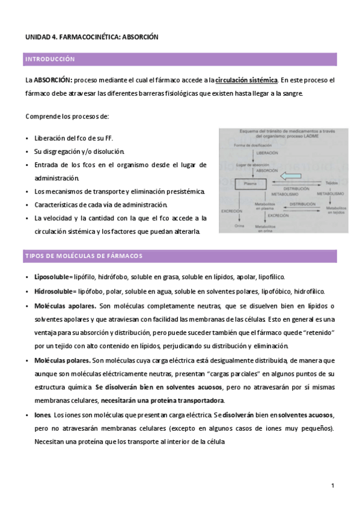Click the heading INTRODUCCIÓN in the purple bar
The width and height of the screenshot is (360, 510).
50,59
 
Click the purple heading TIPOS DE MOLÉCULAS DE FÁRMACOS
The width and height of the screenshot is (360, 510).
84,256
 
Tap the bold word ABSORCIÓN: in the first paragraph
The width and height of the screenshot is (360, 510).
53,79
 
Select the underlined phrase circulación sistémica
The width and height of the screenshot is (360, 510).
246,79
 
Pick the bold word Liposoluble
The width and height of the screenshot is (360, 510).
51,277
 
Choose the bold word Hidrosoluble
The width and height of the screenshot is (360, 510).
52,291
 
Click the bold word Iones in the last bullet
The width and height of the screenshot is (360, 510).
43,416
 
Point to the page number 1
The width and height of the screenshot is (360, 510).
332,485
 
